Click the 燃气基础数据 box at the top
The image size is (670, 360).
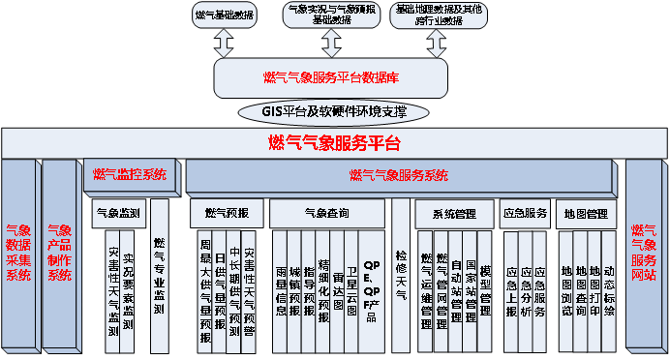pyautogui.click(x=225, y=15)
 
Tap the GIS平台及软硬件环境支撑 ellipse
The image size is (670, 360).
pyautogui.click(x=333, y=112)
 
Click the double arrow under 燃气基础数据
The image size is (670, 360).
pyautogui.click(x=225, y=42)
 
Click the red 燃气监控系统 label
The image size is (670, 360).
pyautogui.click(x=130, y=175)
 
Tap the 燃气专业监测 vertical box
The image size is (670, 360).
pyautogui.click(x=160, y=276)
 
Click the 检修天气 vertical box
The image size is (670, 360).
pyautogui.click(x=401, y=276)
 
